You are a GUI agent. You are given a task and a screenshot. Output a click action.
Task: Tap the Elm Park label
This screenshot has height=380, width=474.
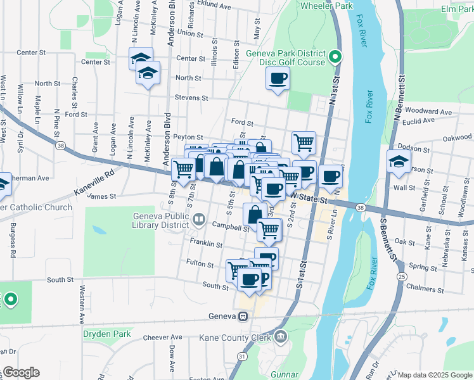[457, 9]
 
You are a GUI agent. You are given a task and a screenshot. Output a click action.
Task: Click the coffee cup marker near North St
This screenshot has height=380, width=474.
[277, 79]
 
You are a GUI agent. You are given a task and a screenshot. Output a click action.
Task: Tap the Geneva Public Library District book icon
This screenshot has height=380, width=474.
[199, 220]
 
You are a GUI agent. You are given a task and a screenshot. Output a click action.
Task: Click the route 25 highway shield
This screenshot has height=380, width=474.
[402, 276]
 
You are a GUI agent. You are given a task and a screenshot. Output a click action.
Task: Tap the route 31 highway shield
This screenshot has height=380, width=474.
[241, 357]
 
